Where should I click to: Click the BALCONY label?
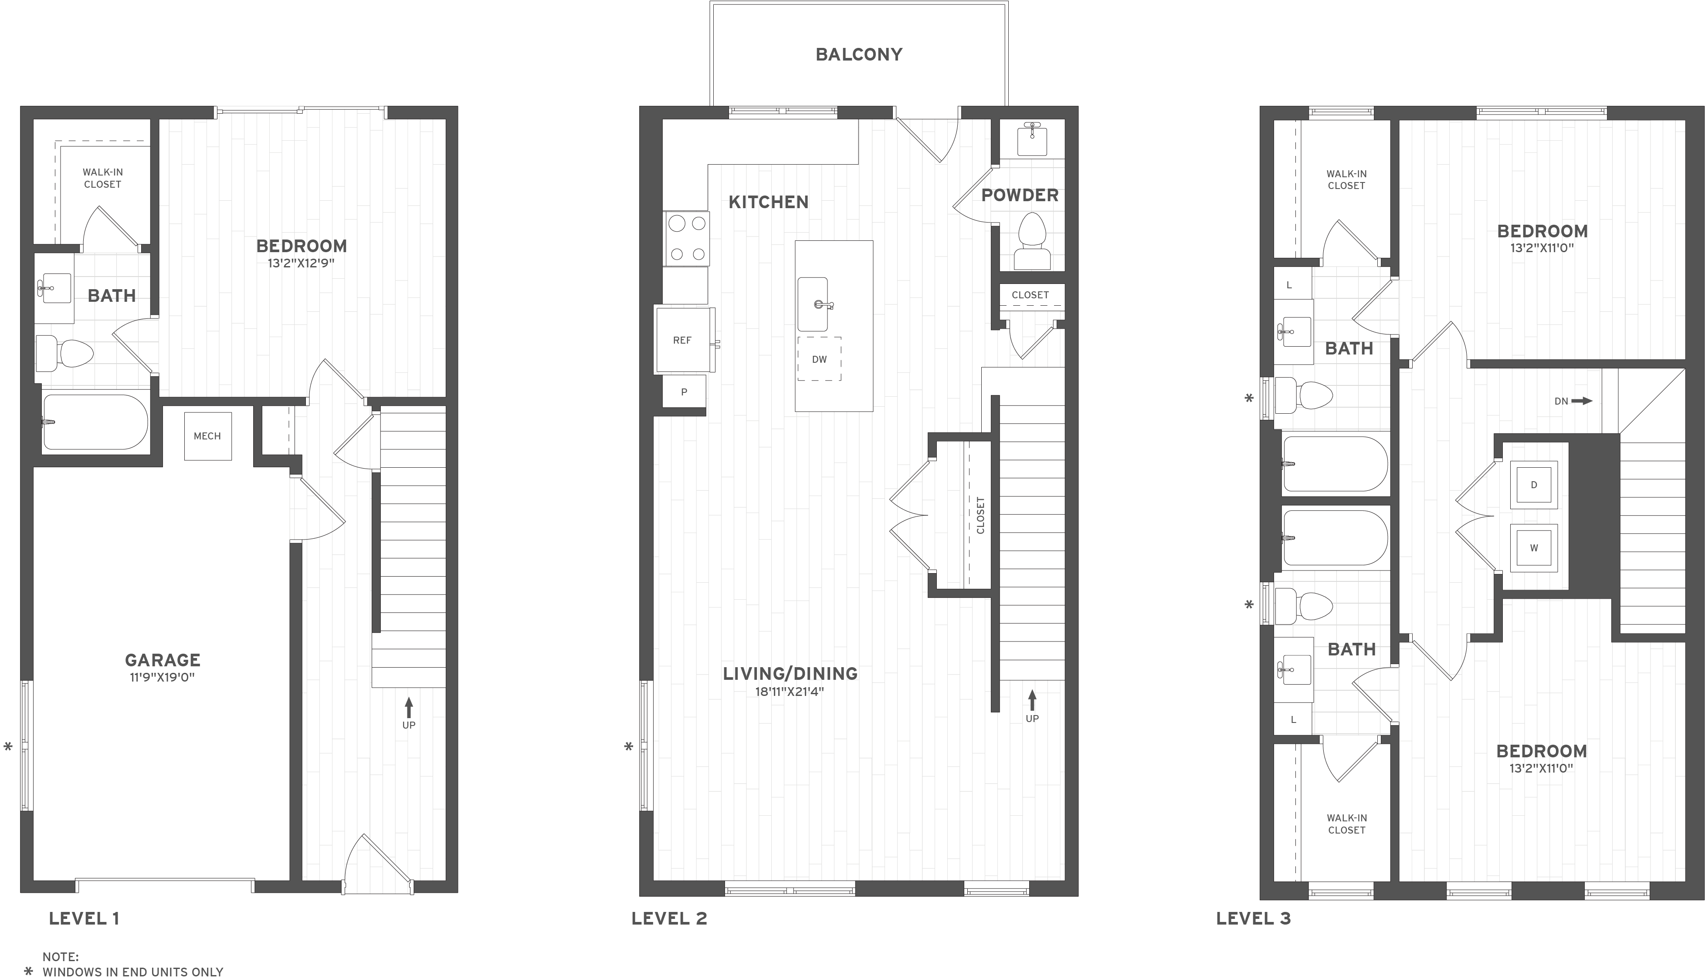click(x=859, y=54)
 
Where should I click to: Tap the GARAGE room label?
click(x=163, y=660)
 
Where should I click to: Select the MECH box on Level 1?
click(x=208, y=436)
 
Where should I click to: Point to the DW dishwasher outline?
click(x=819, y=359)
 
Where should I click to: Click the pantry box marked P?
click(x=684, y=392)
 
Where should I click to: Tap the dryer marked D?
click(x=1534, y=485)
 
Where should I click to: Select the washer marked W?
click(x=1534, y=548)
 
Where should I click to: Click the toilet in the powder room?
click(x=1032, y=242)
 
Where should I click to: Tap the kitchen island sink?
click(x=813, y=304)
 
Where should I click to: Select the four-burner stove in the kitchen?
click(x=687, y=238)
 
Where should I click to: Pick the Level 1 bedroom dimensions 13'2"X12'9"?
click(x=302, y=263)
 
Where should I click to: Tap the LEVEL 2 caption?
click(x=669, y=918)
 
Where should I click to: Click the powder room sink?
click(x=1032, y=140)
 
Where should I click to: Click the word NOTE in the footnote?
click(x=61, y=956)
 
